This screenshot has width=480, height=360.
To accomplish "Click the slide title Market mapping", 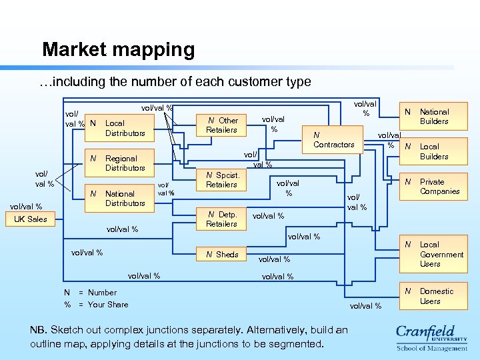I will click(x=118, y=49).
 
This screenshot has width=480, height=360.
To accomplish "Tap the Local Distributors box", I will click(x=120, y=128).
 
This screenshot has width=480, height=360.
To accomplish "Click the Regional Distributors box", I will click(x=120, y=163).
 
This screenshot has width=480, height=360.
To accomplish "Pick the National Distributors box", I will click(x=120, y=199).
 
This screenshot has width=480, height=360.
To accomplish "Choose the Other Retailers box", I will click(x=222, y=125).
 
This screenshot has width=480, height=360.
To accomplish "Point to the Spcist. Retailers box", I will click(x=222, y=180).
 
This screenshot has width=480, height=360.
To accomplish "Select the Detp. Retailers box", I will click(x=222, y=219).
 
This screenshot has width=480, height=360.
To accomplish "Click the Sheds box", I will click(x=222, y=255).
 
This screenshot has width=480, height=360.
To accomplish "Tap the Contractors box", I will click(x=333, y=140).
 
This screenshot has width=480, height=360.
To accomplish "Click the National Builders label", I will click(x=434, y=117).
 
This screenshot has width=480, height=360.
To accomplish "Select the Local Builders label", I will click(x=434, y=151).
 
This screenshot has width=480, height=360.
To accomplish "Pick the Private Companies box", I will click(x=434, y=187).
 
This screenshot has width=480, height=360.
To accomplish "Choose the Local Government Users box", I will click(x=434, y=254).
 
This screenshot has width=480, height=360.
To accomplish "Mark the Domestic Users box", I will click(x=434, y=296).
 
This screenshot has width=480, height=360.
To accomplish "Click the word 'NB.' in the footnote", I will click(x=39, y=330).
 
